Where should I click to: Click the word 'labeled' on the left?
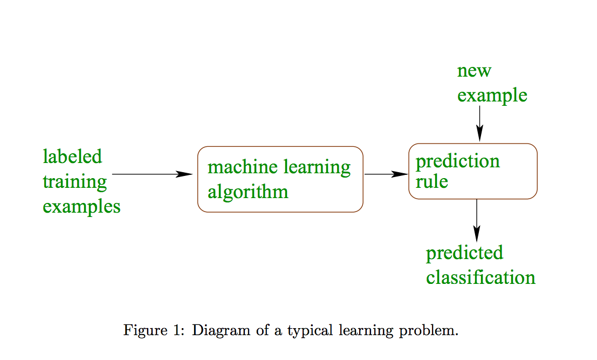(72, 157)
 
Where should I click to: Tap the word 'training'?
(74, 182)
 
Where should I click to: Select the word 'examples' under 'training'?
(81, 207)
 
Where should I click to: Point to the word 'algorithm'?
(248, 192)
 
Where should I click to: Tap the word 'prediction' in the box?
(457, 161)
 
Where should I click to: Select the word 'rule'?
(431, 181)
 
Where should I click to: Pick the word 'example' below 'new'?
(492, 96)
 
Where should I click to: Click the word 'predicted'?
(464, 253)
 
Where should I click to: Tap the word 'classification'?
(481, 277)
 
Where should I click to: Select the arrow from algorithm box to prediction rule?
(386, 174)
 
